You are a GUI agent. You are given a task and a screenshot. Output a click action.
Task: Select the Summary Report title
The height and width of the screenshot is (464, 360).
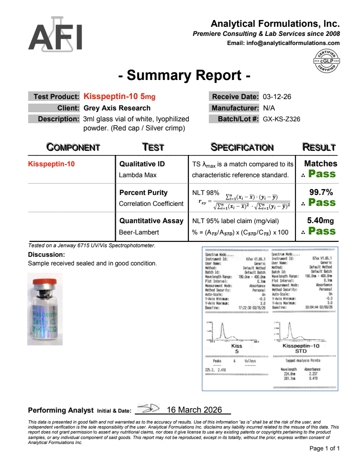(x=184, y=75)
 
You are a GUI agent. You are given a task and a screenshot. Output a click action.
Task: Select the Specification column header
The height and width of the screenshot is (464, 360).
(x=242, y=147)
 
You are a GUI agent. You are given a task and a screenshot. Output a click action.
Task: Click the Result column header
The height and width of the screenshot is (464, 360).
(x=319, y=147)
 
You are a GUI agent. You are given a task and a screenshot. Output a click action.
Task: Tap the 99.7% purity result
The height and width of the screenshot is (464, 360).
(x=321, y=192)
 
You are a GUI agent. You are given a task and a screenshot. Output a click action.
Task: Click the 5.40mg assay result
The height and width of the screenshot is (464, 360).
(x=321, y=220)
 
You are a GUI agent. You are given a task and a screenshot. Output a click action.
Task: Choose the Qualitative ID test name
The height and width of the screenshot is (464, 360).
(x=142, y=164)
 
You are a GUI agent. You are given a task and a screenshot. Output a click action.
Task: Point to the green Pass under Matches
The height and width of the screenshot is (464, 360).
(x=322, y=174)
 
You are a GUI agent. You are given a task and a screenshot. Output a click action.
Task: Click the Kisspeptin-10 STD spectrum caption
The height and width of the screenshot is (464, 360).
(x=301, y=348)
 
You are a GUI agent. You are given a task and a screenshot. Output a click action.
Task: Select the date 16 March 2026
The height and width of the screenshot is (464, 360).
(x=194, y=410)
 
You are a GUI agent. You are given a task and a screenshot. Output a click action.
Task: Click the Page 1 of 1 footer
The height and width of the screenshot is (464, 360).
(x=324, y=449)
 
